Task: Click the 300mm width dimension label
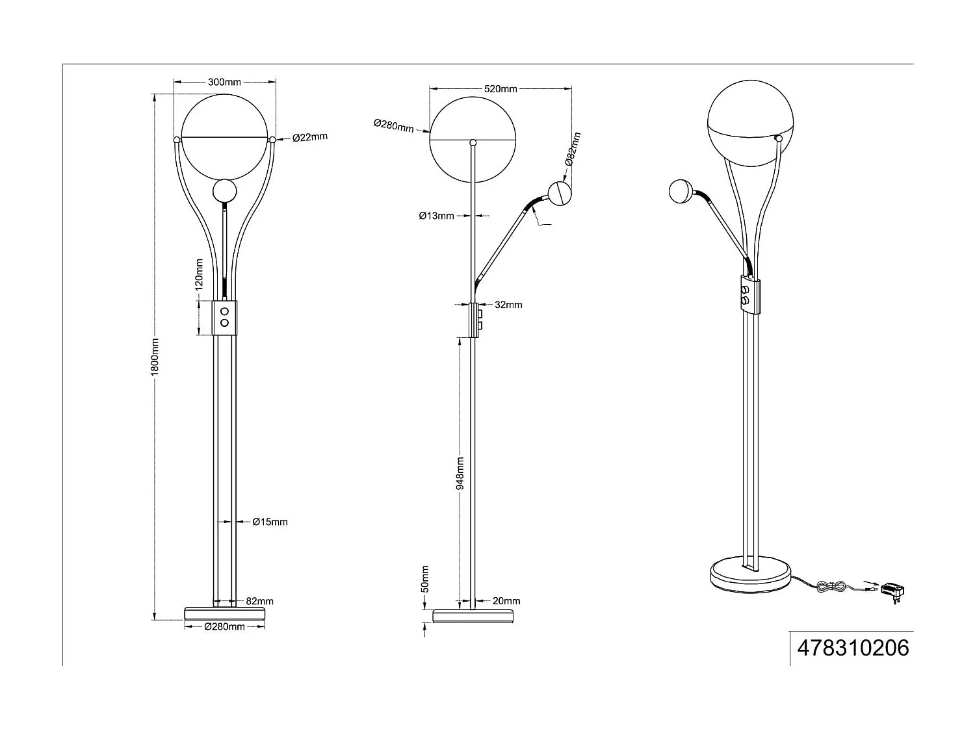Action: click(x=224, y=82)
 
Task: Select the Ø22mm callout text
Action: click(x=309, y=137)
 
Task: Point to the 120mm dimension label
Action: click(x=200, y=274)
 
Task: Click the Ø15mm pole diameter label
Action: click(x=270, y=522)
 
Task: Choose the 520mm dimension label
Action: click(x=500, y=88)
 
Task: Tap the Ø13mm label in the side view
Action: click(x=436, y=216)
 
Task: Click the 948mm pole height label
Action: click(x=460, y=472)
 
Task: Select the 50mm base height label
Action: click(x=426, y=578)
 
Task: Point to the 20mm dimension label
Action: click(x=506, y=601)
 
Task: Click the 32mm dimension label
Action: click(x=508, y=305)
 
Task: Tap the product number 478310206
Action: click(x=853, y=648)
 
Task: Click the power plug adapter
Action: click(x=893, y=591)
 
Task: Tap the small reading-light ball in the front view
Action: click(x=224, y=191)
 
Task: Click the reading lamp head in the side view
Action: click(x=560, y=193)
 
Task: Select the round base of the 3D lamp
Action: click(x=750, y=575)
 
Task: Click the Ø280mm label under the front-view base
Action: click(x=224, y=627)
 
